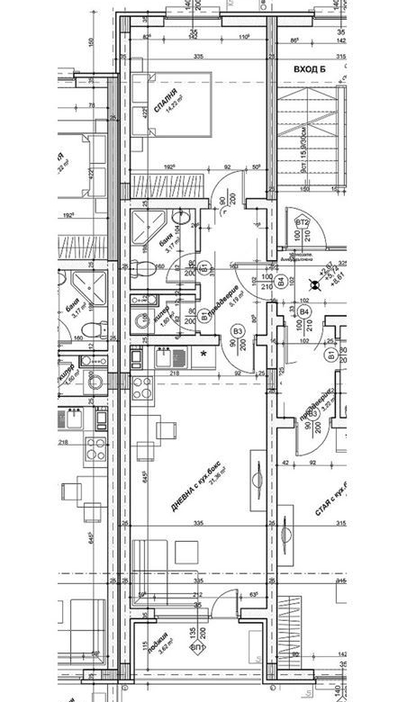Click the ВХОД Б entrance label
(309, 68)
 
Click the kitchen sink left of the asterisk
(162, 357)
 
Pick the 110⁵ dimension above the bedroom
(244, 37)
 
